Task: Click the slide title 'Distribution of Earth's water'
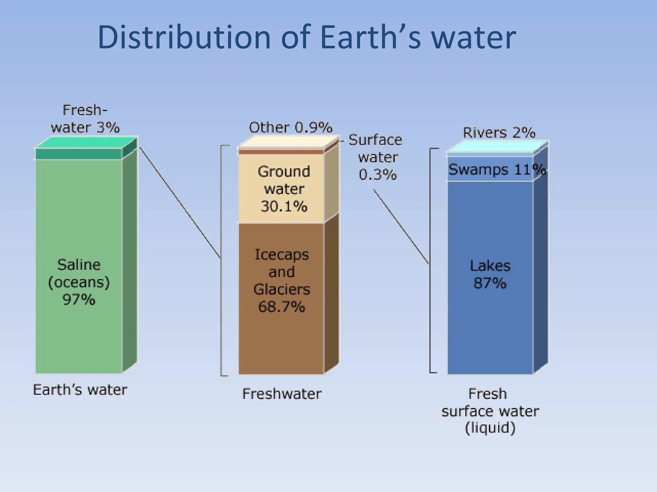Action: [x=306, y=37]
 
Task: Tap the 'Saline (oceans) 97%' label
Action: [x=79, y=282]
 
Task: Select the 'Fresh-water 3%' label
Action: [x=85, y=119]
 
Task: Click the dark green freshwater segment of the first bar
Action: [x=79, y=154]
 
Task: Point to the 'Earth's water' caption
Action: [x=80, y=390]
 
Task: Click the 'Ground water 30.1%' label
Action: [x=284, y=189]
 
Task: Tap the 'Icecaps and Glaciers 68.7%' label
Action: [x=282, y=281]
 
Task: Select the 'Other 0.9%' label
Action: [x=290, y=127]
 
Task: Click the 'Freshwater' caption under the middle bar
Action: [x=282, y=394]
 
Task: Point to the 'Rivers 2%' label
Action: [x=499, y=133]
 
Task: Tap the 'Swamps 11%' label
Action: [x=497, y=169]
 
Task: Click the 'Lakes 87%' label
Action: [x=490, y=275]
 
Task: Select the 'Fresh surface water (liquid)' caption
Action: [x=490, y=411]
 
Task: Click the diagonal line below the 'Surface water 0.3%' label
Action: [x=401, y=226]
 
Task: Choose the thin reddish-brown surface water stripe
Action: [x=281, y=152]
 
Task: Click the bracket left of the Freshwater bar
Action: [x=221, y=260]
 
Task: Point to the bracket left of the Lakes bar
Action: [x=431, y=260]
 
